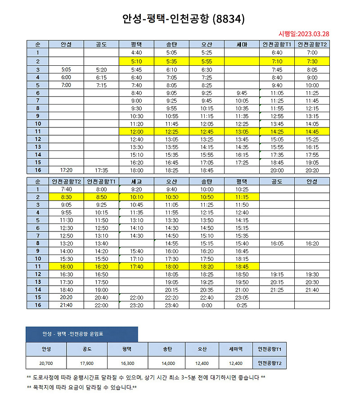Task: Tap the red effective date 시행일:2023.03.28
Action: click(304, 34)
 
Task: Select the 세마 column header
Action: click(242, 44)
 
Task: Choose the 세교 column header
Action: click(136, 181)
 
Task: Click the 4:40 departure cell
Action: click(136, 53)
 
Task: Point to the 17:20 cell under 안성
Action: click(66, 170)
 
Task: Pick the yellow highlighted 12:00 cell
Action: click(136, 131)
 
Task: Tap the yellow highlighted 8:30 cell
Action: click(66, 197)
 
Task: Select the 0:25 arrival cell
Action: click(242, 305)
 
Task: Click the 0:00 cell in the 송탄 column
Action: click(207, 305)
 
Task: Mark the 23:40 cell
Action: click(171, 305)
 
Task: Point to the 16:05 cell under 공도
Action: click(277, 243)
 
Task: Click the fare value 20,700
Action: click(46, 363)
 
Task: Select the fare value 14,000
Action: click(168, 363)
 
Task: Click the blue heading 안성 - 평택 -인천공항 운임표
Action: click(81, 334)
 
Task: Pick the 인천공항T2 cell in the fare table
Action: click(270, 363)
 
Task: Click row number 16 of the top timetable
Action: click(38, 170)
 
